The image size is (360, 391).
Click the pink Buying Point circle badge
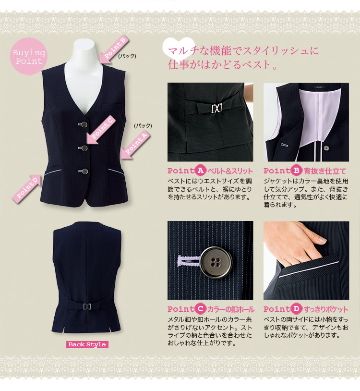[x=29, y=56]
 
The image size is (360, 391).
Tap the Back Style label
[x=87, y=344]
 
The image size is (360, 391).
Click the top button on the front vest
[x=84, y=124]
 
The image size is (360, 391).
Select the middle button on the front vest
[x=84, y=148]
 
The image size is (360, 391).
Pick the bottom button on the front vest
[x=85, y=171]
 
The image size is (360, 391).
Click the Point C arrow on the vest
[x=101, y=130]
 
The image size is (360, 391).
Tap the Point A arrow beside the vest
[x=135, y=145]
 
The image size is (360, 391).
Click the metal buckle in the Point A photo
[x=216, y=108]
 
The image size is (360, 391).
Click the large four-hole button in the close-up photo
[x=216, y=262]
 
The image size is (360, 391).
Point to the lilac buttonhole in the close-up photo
[x=189, y=261]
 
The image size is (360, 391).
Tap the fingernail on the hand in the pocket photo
[x=323, y=240]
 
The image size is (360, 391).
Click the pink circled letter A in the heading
[x=200, y=171]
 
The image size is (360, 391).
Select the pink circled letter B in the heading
[x=296, y=171]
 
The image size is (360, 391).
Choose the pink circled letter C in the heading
[x=200, y=309]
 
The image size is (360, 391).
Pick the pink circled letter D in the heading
[x=296, y=309]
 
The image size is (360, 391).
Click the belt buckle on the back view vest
[x=87, y=306]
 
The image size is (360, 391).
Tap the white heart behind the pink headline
[x=179, y=49]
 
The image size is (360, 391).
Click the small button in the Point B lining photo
[x=326, y=148]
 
